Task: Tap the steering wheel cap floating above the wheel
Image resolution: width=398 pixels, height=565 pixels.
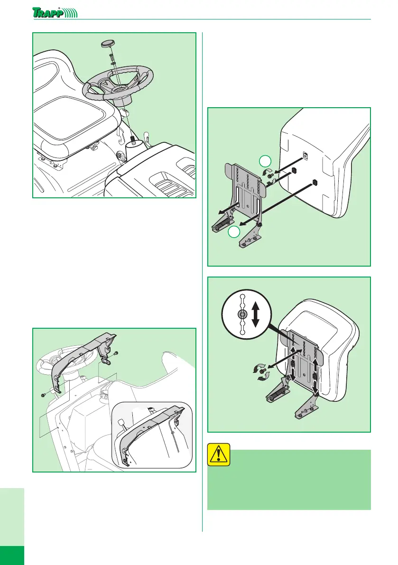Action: [x=108, y=44]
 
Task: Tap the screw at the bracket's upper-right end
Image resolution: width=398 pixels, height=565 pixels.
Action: [x=115, y=353]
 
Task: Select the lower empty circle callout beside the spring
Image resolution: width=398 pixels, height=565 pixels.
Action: [x=232, y=232]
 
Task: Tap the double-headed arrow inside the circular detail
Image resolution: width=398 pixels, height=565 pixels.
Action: [x=255, y=315]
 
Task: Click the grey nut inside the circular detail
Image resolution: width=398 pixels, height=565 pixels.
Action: [x=242, y=315]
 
